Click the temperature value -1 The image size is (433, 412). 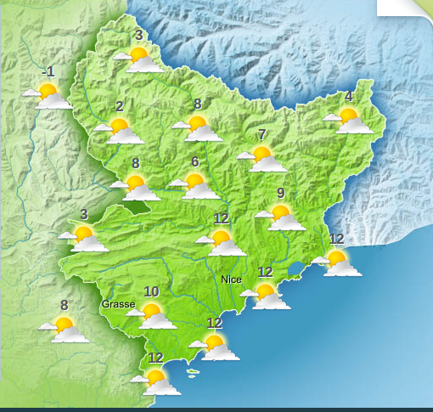(49, 71)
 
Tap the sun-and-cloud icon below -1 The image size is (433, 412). (48, 95)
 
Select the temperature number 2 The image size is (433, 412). (119, 107)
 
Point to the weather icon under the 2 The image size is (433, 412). (119, 131)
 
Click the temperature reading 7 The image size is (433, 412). (261, 134)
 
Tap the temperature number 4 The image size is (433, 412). (348, 96)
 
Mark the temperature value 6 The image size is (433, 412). (194, 162)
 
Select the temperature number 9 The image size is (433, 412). (280, 193)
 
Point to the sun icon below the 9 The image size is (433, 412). (280, 217)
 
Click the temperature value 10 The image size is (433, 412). (151, 292)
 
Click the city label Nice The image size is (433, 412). (230, 279)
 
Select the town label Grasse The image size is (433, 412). (118, 304)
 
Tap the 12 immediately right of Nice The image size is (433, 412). (265, 272)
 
